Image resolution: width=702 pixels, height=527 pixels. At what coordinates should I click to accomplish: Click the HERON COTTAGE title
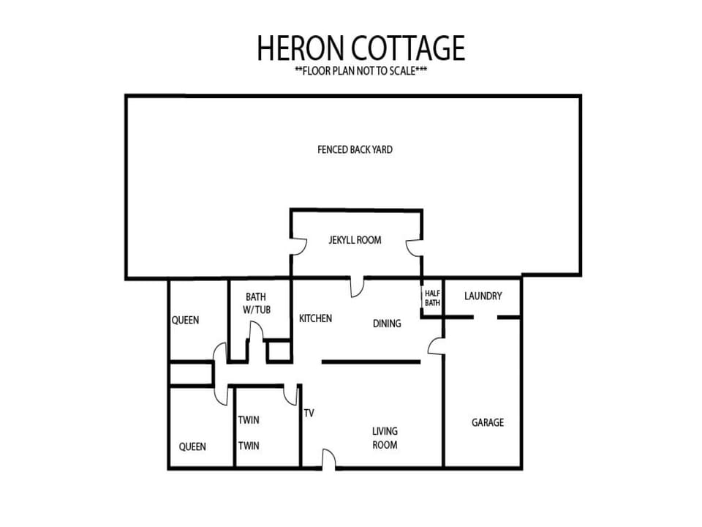coord(361,48)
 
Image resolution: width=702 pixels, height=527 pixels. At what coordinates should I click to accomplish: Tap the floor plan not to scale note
coord(361,71)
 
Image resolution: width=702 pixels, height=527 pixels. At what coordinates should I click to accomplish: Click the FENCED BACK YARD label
coord(355,149)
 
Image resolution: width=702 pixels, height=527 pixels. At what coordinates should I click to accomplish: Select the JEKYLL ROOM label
coord(355,240)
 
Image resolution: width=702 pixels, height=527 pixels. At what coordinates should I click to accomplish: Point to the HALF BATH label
coord(432,298)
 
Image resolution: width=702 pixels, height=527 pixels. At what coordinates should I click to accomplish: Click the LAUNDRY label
coord(483,296)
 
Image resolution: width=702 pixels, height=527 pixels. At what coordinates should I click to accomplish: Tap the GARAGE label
coord(488,422)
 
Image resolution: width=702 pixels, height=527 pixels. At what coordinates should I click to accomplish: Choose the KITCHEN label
coord(316,318)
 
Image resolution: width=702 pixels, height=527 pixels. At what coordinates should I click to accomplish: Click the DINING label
coord(387,324)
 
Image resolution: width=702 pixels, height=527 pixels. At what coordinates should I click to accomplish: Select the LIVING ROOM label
coord(385,438)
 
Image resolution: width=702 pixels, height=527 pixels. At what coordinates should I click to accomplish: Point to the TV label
coord(309,413)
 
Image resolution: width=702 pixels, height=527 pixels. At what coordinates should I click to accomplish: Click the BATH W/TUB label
coord(256,303)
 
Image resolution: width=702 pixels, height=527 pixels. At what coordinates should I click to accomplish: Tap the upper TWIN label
coord(249,420)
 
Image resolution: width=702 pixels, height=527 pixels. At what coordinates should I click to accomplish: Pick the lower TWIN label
coord(249,446)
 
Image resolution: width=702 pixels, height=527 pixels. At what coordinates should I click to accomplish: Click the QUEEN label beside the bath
coord(185,320)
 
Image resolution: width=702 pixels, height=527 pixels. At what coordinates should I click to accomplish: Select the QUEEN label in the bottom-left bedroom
coord(192,446)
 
